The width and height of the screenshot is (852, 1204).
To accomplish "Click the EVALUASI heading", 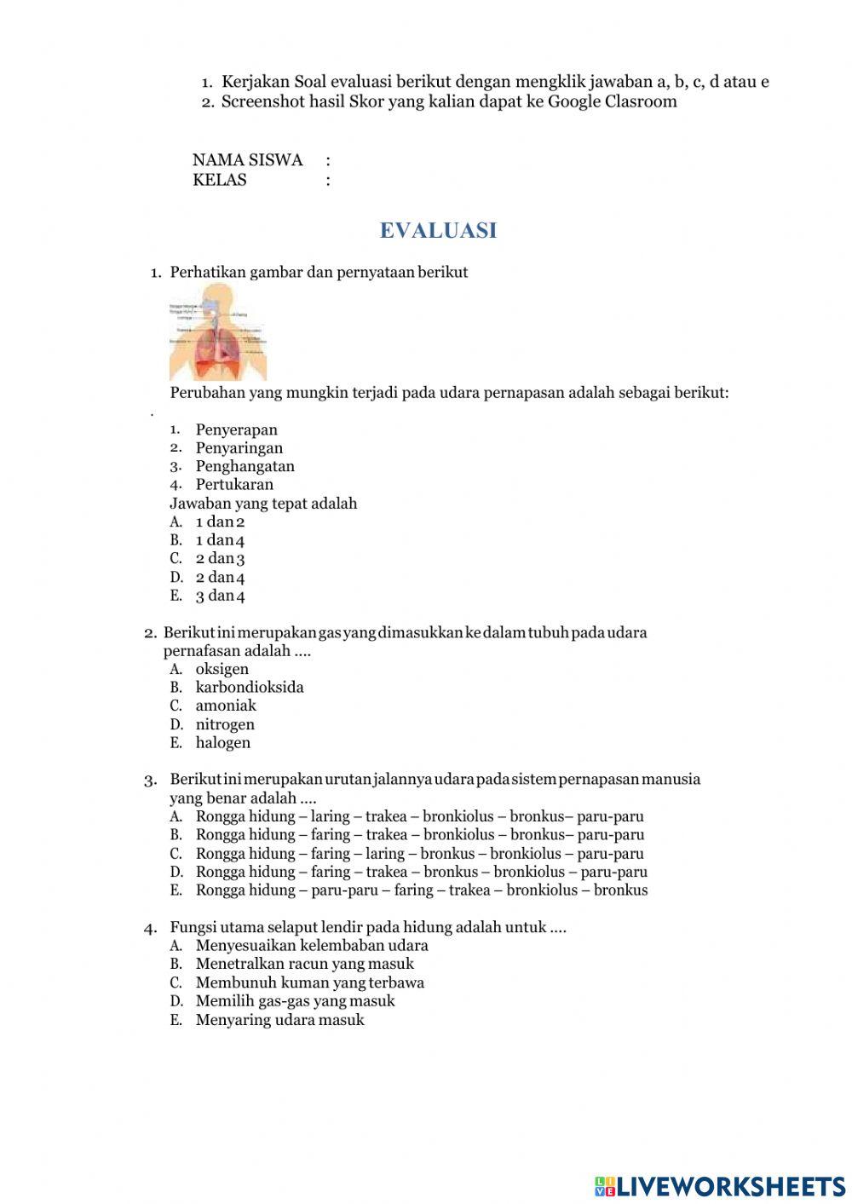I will coord(438,231).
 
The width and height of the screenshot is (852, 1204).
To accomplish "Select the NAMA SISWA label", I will coord(247,160).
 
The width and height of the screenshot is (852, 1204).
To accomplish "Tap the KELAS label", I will coord(220,180).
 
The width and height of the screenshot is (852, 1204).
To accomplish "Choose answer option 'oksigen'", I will coord(222,669).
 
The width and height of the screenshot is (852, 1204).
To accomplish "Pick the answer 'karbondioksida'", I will coord(250,688).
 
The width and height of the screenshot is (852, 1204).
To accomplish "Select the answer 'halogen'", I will coord(223,743).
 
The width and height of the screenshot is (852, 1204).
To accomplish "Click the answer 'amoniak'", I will coord(226,706).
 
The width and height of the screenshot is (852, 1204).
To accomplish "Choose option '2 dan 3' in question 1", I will coord(221,559).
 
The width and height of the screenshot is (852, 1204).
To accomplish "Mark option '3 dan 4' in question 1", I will coord(221,596).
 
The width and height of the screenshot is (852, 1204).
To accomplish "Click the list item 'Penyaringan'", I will coord(239,448).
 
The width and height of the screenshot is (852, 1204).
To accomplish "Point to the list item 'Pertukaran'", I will coord(234,485).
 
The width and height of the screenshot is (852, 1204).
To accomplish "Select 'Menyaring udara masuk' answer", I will coord(280,1020).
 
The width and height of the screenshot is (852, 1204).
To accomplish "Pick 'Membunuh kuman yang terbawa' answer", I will coord(310,982).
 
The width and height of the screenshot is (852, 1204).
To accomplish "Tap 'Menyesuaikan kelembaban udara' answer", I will coord(312,946).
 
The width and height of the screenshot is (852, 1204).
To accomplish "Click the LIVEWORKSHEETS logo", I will coord(720,1186).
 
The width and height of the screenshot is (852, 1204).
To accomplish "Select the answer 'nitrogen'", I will coord(225,724).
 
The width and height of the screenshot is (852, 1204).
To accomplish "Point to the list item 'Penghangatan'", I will coord(245,467).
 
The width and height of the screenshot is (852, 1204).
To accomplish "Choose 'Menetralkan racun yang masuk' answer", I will coord(305,965).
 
